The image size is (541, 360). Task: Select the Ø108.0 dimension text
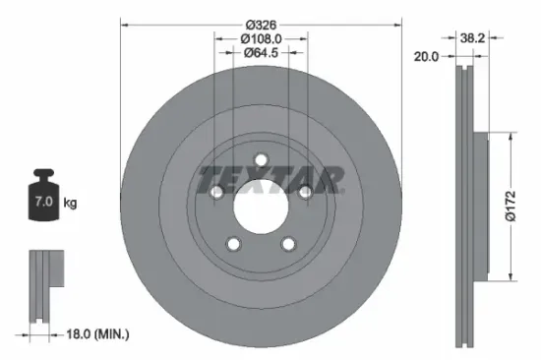[261, 38]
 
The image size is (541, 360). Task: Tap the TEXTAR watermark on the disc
[270, 181]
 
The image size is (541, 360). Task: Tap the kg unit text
[71, 203]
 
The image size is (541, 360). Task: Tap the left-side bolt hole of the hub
[216, 194]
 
